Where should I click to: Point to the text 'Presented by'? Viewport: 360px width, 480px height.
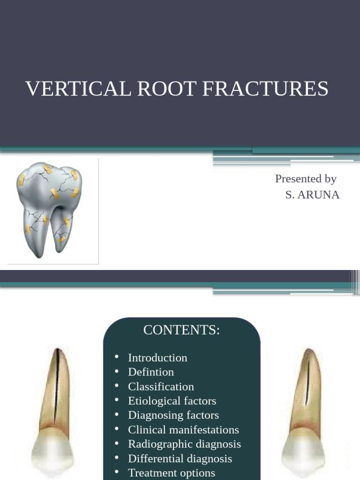[x=306, y=179]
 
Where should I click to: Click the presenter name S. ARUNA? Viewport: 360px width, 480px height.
[x=312, y=195]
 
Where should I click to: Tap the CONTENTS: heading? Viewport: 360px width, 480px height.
[x=181, y=330]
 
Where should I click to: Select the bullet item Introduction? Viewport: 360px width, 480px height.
[x=157, y=358]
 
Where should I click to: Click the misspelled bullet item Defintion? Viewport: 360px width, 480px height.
[x=151, y=372]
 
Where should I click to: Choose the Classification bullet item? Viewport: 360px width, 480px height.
[x=161, y=387]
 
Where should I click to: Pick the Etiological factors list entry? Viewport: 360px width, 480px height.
[x=172, y=401]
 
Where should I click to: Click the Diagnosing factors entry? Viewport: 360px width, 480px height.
[x=173, y=415]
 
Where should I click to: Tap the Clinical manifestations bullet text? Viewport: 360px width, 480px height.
[x=183, y=430]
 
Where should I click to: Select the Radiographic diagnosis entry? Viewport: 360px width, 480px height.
[x=184, y=444]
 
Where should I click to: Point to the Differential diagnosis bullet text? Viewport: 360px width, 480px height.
[x=180, y=458]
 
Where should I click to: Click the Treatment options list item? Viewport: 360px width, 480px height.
[x=172, y=473]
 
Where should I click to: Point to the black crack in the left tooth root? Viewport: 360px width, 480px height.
[x=56, y=384]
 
